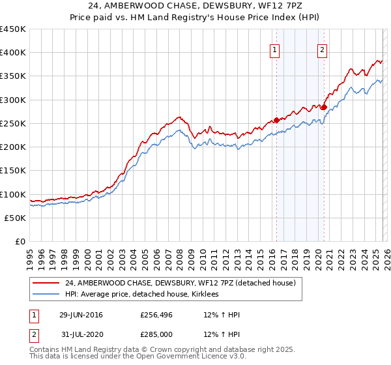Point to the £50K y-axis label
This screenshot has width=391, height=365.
pos(16,218)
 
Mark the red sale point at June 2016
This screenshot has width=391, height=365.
pos(276,120)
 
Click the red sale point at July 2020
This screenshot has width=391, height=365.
pos(323,107)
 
